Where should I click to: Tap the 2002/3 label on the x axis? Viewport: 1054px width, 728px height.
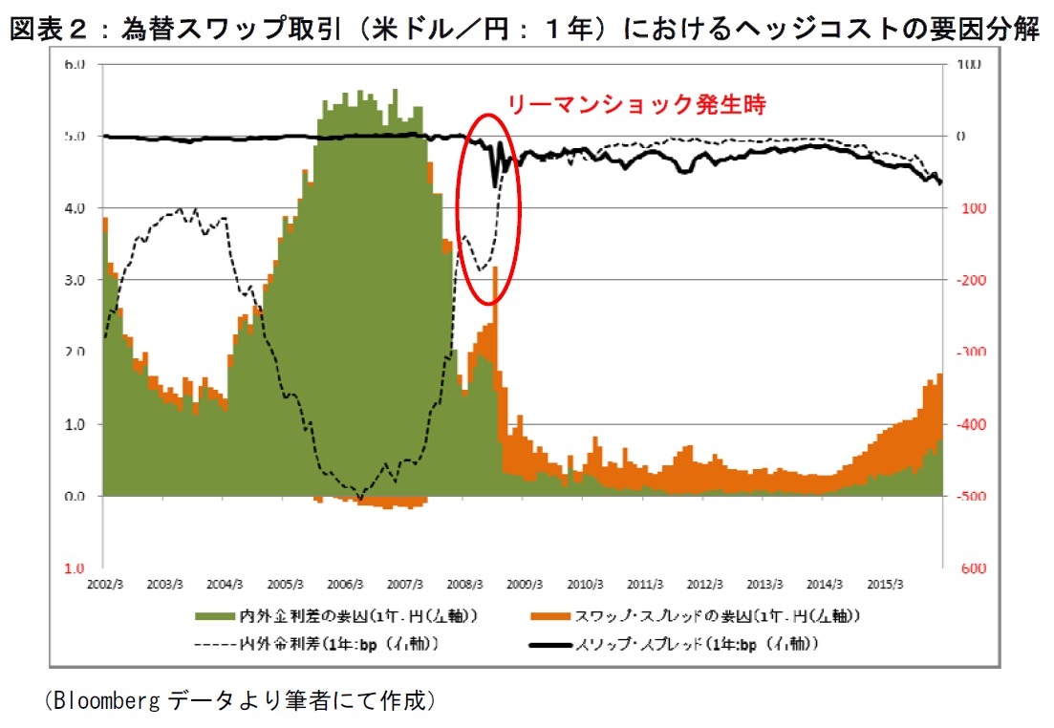[103, 583]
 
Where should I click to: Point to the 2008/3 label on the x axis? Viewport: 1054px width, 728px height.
[463, 583]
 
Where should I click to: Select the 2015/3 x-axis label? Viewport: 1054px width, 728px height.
[885, 583]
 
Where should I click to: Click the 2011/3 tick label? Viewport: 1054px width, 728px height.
[645, 583]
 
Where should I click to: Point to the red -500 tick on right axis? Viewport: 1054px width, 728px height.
[965, 497]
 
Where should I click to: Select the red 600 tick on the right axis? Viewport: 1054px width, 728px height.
[965, 568]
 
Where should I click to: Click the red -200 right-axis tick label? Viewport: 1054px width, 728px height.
[965, 280]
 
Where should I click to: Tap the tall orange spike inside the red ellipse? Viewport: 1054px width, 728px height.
[495, 287]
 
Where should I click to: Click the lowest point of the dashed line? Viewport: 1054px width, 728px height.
[360, 498]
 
